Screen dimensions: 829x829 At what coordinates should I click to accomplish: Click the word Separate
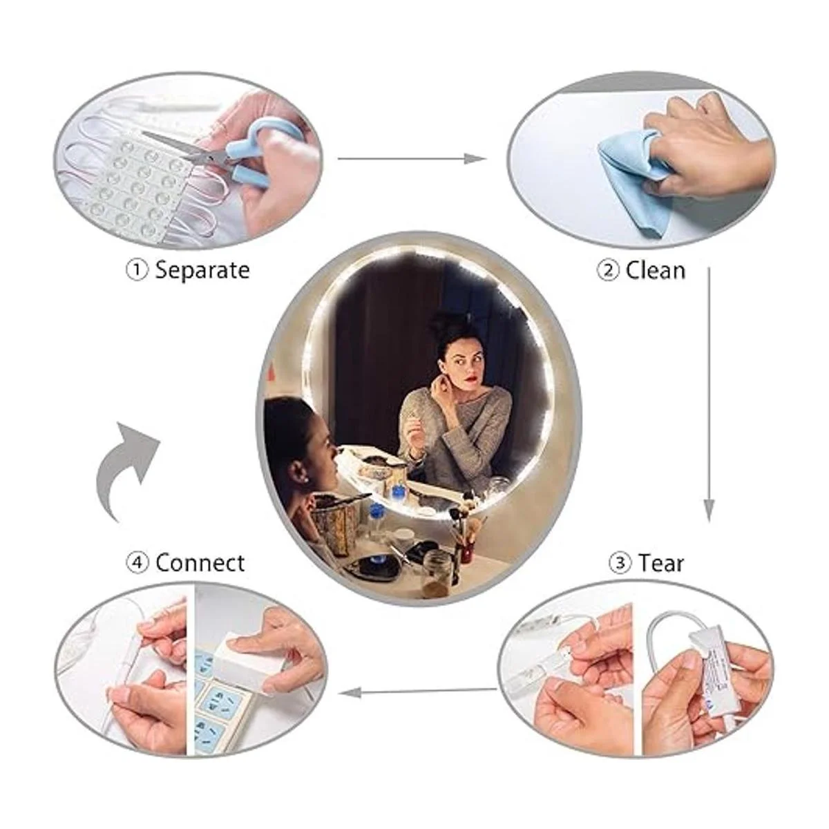pyautogui.click(x=202, y=271)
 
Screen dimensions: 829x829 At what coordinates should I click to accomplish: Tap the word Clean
pyautogui.click(x=655, y=271)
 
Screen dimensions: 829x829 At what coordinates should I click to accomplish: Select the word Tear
pyautogui.click(x=661, y=563)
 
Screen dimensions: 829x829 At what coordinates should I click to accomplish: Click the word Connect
pyautogui.click(x=200, y=563)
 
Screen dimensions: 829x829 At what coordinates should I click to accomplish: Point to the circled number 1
pyautogui.click(x=137, y=271)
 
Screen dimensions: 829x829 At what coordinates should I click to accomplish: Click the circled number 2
pyautogui.click(x=608, y=271)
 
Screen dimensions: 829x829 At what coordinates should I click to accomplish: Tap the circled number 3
pyautogui.click(x=620, y=564)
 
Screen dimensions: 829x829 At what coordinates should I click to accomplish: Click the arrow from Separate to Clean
pyautogui.click(x=412, y=159)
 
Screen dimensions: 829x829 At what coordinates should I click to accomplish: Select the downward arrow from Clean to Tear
pyautogui.click(x=709, y=394)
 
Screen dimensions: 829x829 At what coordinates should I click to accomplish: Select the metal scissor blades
pyautogui.click(x=181, y=149)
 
